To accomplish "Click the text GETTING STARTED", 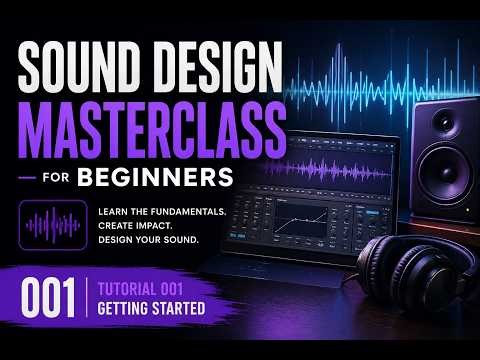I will coord(151,309).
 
